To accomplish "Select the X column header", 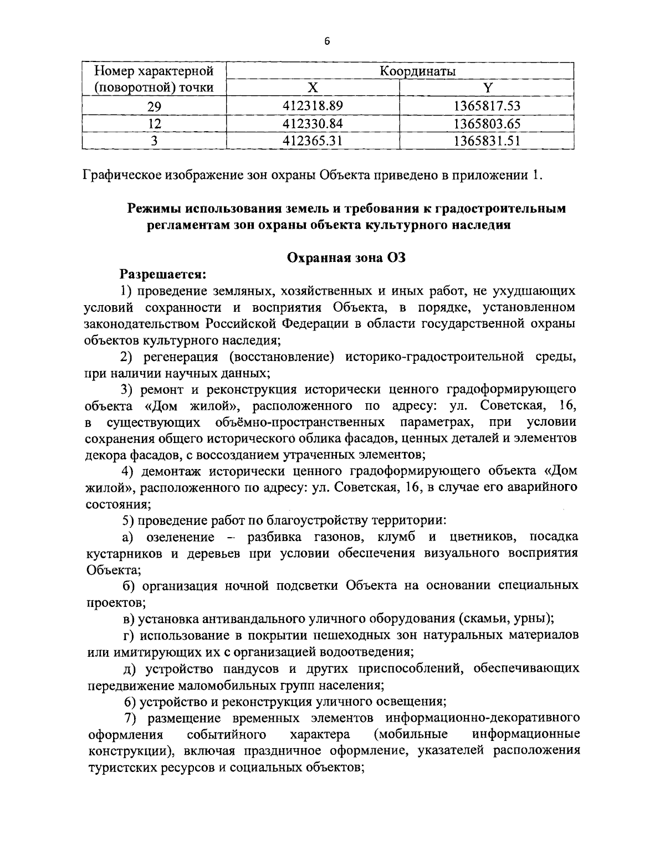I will (313, 87).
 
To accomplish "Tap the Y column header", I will (487, 87).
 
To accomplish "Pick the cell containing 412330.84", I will (313, 123).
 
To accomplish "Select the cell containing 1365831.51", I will (487, 141).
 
